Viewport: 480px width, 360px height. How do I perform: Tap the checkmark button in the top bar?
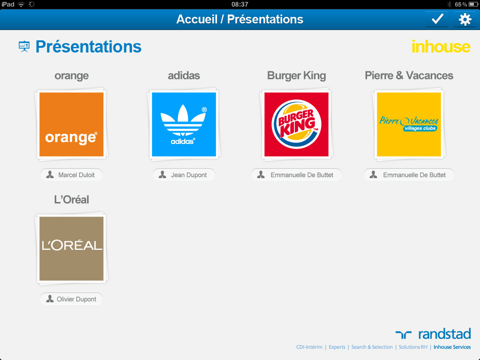coord(437,19)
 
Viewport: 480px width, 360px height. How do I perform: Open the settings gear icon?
coord(465,19)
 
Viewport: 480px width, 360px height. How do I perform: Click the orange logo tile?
coord(72,124)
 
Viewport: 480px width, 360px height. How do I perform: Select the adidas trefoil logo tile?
coord(184,124)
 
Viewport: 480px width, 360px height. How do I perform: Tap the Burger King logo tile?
coord(296,124)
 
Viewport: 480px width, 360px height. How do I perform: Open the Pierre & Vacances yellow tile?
coord(409,124)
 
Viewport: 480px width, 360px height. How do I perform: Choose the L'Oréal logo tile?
coord(72,248)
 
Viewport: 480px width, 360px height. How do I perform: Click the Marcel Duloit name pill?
coord(71,175)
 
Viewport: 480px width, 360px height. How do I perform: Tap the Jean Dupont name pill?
coord(184,175)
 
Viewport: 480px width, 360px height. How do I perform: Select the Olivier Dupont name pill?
coord(71,299)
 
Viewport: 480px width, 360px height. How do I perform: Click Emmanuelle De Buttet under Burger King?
coord(296,175)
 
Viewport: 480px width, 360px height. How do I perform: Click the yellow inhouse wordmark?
coord(441,46)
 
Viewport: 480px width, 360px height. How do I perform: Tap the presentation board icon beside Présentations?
coord(24,46)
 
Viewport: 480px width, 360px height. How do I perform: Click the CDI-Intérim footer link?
coord(309,347)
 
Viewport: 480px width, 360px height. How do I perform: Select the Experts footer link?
coord(337,347)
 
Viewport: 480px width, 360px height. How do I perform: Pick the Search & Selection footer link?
coord(372,347)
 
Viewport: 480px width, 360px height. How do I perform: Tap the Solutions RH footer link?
coord(413,347)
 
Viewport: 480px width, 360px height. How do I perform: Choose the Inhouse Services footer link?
coord(452,347)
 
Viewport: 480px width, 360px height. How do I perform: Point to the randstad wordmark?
coord(444,334)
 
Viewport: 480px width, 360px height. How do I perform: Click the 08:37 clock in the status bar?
coord(240,4)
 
